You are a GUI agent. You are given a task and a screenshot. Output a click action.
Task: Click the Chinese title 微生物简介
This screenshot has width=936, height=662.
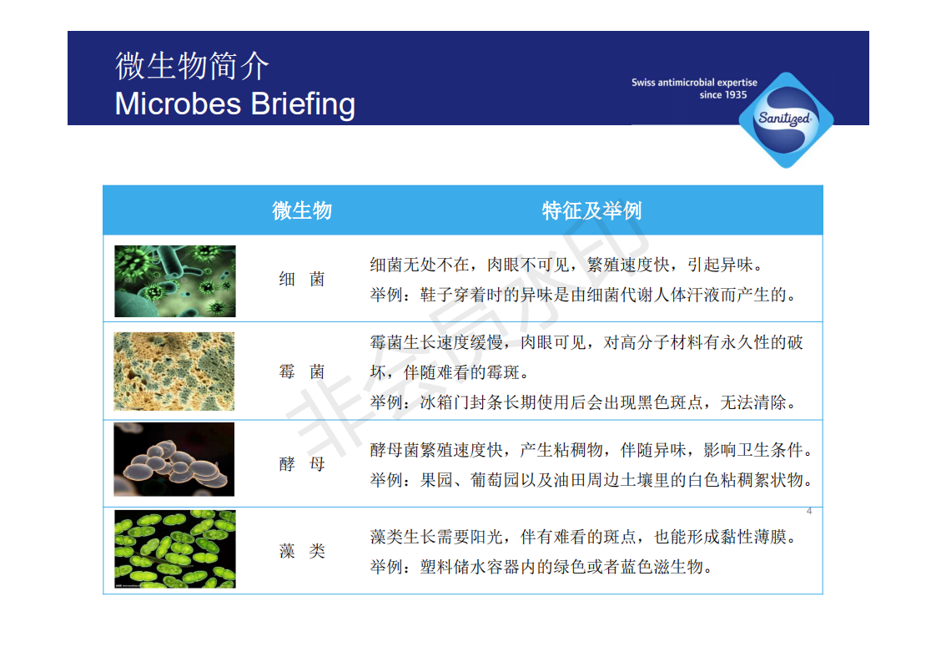[x=192, y=66]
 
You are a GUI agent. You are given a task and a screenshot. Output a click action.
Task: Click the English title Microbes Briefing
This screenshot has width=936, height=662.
[x=235, y=104]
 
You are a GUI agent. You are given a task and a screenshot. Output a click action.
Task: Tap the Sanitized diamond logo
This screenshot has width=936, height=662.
[x=786, y=120]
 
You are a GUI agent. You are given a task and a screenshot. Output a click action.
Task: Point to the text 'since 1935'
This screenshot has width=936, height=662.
[x=723, y=95]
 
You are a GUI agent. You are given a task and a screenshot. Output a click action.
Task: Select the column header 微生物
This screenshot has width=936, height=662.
[x=302, y=211]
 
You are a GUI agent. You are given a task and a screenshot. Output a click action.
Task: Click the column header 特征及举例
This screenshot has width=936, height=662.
[x=591, y=211]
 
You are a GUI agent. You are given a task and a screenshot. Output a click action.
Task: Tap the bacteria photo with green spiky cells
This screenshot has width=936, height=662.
[x=175, y=280]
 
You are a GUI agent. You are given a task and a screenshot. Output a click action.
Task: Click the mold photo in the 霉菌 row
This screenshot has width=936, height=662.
[x=174, y=371]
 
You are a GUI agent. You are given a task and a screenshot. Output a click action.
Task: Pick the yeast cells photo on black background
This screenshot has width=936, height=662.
[x=174, y=459]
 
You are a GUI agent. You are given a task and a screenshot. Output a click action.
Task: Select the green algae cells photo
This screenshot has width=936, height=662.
[x=175, y=549]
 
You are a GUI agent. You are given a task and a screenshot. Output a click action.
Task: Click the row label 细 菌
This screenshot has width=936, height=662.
[x=302, y=279]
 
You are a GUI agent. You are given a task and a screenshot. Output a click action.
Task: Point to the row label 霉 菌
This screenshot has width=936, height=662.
[x=302, y=371]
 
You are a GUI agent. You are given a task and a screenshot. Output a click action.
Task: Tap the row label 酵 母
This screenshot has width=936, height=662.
[x=302, y=463]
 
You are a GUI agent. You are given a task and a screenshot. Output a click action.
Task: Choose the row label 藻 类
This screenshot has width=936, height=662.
[x=302, y=551]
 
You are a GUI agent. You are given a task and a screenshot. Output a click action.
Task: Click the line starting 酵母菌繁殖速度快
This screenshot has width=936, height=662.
[x=591, y=450]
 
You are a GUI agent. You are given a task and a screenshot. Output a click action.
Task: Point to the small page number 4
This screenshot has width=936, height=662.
[x=809, y=511]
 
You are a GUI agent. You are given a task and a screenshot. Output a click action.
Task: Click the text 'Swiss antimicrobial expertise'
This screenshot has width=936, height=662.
[x=694, y=83]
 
